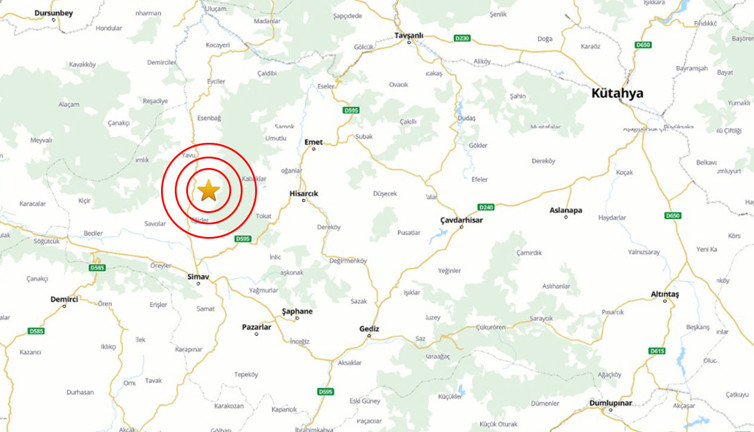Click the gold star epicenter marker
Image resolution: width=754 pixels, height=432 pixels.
[x=209, y=190]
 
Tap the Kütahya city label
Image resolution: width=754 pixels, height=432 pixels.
[x=617, y=93]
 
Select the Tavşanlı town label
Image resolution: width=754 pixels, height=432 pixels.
[x=409, y=35]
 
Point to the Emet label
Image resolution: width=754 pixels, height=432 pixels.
[x=314, y=142]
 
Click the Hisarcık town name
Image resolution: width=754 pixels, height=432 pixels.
[x=303, y=192]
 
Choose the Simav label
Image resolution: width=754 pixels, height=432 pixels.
[x=198, y=274]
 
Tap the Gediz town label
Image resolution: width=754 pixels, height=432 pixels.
[x=369, y=327]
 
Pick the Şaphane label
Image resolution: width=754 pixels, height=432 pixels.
[x=297, y=311]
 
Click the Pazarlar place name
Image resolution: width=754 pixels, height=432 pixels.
[x=257, y=326]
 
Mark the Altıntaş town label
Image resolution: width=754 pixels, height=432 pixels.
[x=665, y=294]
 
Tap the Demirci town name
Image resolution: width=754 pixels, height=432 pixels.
[x=64, y=299]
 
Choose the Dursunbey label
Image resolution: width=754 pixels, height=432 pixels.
[x=54, y=13]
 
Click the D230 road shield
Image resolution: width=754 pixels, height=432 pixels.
[x=461, y=39]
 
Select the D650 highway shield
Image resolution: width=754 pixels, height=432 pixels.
[x=643, y=44]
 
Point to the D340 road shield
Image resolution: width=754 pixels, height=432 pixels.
[x=487, y=207]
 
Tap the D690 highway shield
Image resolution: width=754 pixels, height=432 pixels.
[x=672, y=215]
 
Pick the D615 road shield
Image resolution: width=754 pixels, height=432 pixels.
[x=656, y=351]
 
